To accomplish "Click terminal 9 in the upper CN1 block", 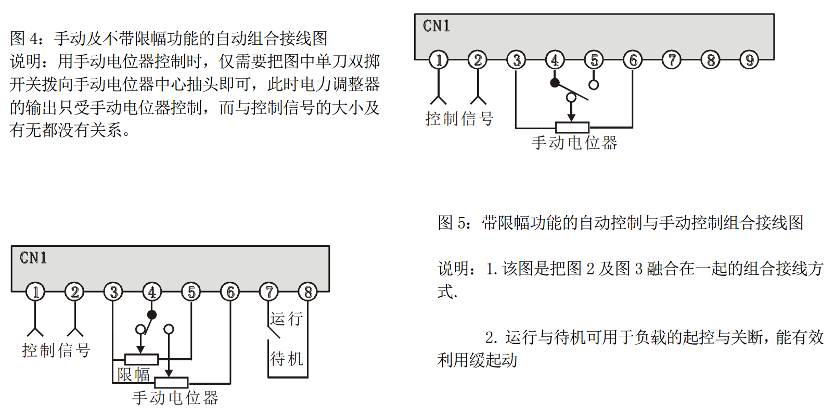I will coord(749,60).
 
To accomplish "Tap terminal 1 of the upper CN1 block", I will coord(439,60).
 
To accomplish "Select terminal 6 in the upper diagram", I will coord(633,60).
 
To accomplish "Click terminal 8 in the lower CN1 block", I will coord(308,292).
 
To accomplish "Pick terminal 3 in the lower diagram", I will coord(113,292).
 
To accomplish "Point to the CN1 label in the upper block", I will coord(436,26).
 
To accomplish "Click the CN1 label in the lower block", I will coord(33,258).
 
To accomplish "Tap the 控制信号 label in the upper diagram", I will coord(459,119).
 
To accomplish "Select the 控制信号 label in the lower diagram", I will coord(56,350).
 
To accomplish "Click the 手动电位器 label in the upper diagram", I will coord(574,143).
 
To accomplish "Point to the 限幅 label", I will coord(134,374).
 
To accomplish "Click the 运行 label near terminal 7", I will coord(286,318).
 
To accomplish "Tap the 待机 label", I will coord(286,358).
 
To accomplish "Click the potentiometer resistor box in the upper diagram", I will coord(572,127).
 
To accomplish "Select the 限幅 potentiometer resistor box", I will coord(142,359).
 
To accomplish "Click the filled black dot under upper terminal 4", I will coord(555,83).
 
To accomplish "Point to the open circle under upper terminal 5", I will coord(594,84).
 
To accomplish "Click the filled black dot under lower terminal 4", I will coord(152,314).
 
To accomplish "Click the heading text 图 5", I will coord(453,223).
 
